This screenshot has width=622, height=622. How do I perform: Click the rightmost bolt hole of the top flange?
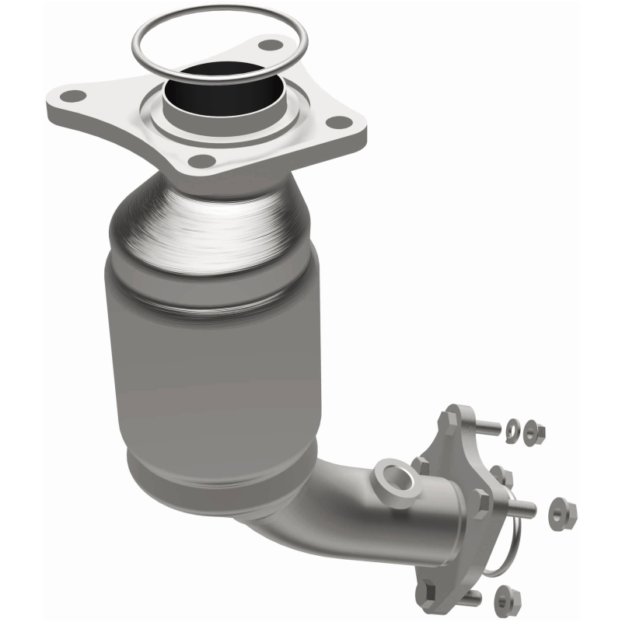(337, 122)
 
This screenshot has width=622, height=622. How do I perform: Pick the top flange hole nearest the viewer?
(202, 161)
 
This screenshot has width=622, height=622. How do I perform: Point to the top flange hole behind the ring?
(269, 46)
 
